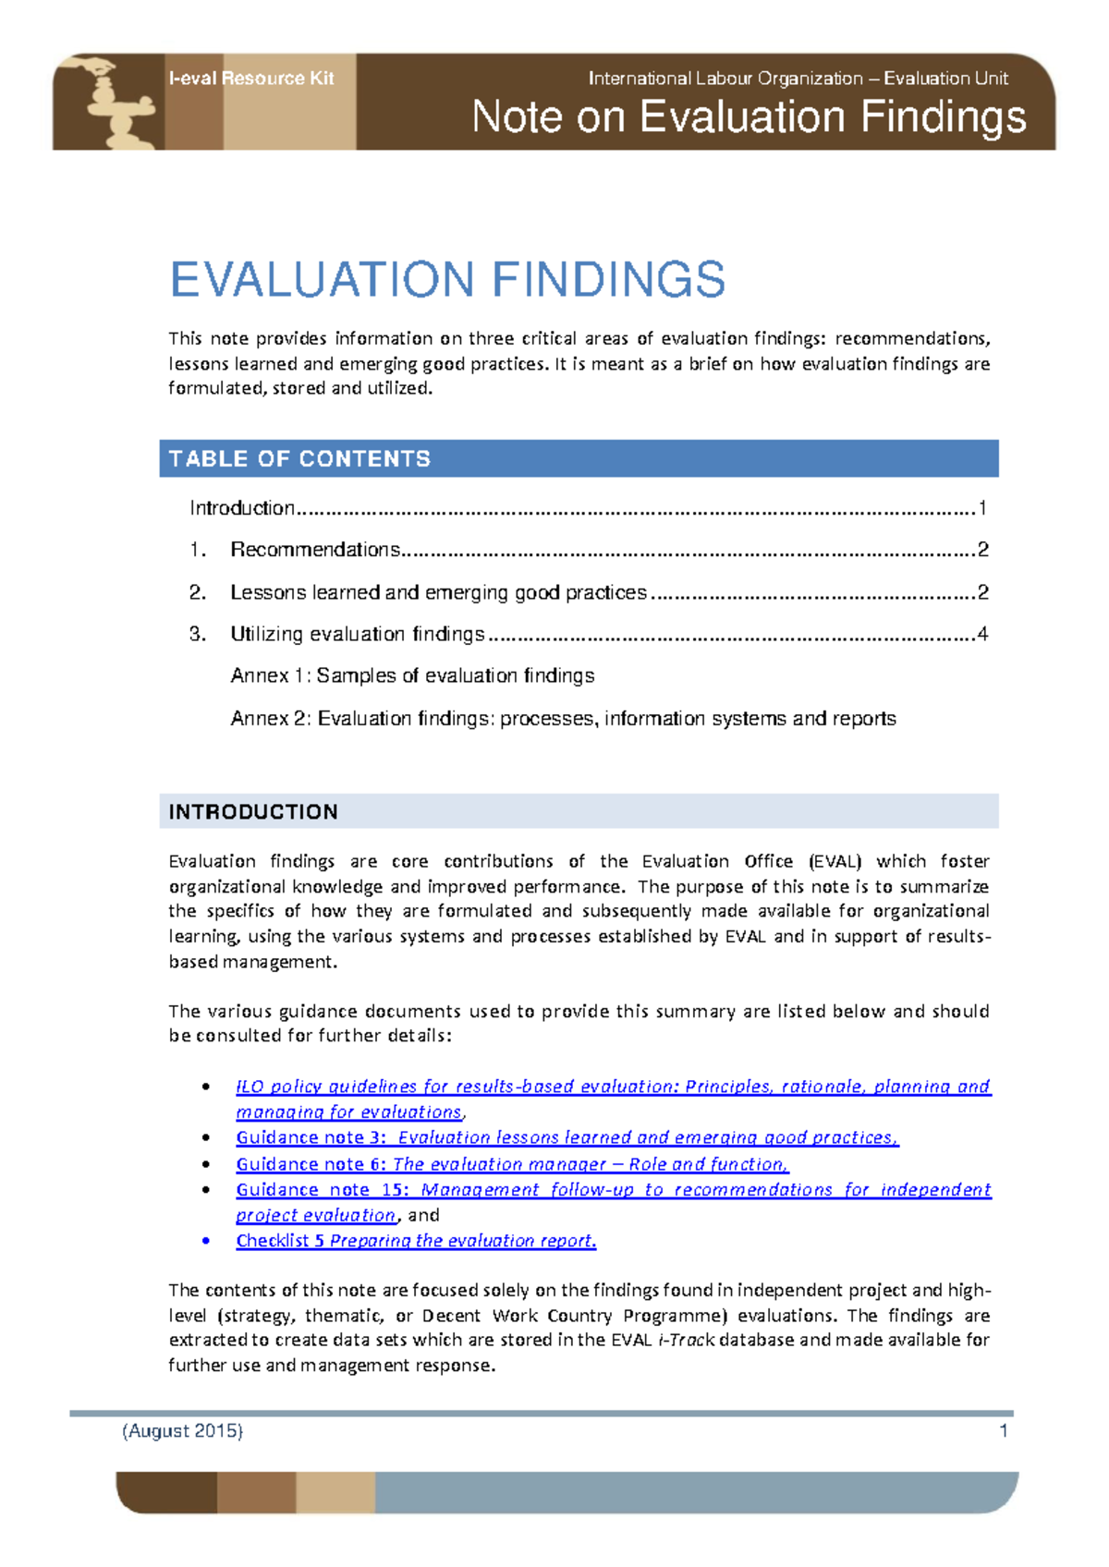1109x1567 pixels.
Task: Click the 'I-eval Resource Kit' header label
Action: [x=250, y=79]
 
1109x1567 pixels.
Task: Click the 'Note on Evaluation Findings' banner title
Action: [x=749, y=118]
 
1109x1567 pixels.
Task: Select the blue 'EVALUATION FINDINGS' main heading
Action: [x=447, y=280]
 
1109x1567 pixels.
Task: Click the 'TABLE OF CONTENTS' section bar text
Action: [x=299, y=459]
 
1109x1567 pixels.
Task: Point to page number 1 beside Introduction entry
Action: [x=982, y=508]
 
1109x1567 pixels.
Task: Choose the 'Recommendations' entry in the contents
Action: [x=314, y=550]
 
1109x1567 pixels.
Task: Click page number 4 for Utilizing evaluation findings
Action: [x=982, y=634]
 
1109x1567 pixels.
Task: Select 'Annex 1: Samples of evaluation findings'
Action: [x=412, y=676]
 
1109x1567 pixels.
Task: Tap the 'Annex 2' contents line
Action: [x=563, y=719]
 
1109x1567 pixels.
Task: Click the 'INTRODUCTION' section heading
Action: [x=253, y=812]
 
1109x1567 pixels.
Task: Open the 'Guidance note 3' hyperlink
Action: [x=567, y=1138]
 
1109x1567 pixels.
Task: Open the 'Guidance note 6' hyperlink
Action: [x=512, y=1164]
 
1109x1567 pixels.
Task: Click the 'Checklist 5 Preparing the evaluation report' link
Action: [x=416, y=1241]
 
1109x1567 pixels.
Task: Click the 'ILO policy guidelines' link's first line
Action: [x=613, y=1087]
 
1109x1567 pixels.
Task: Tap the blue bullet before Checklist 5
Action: [x=206, y=1241]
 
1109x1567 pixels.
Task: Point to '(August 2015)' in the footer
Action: [x=183, y=1431]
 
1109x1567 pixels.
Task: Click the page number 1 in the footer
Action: [x=1004, y=1431]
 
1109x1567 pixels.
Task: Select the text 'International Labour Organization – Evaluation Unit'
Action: [x=798, y=79]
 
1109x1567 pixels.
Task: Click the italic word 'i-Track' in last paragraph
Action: [x=686, y=1340]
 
